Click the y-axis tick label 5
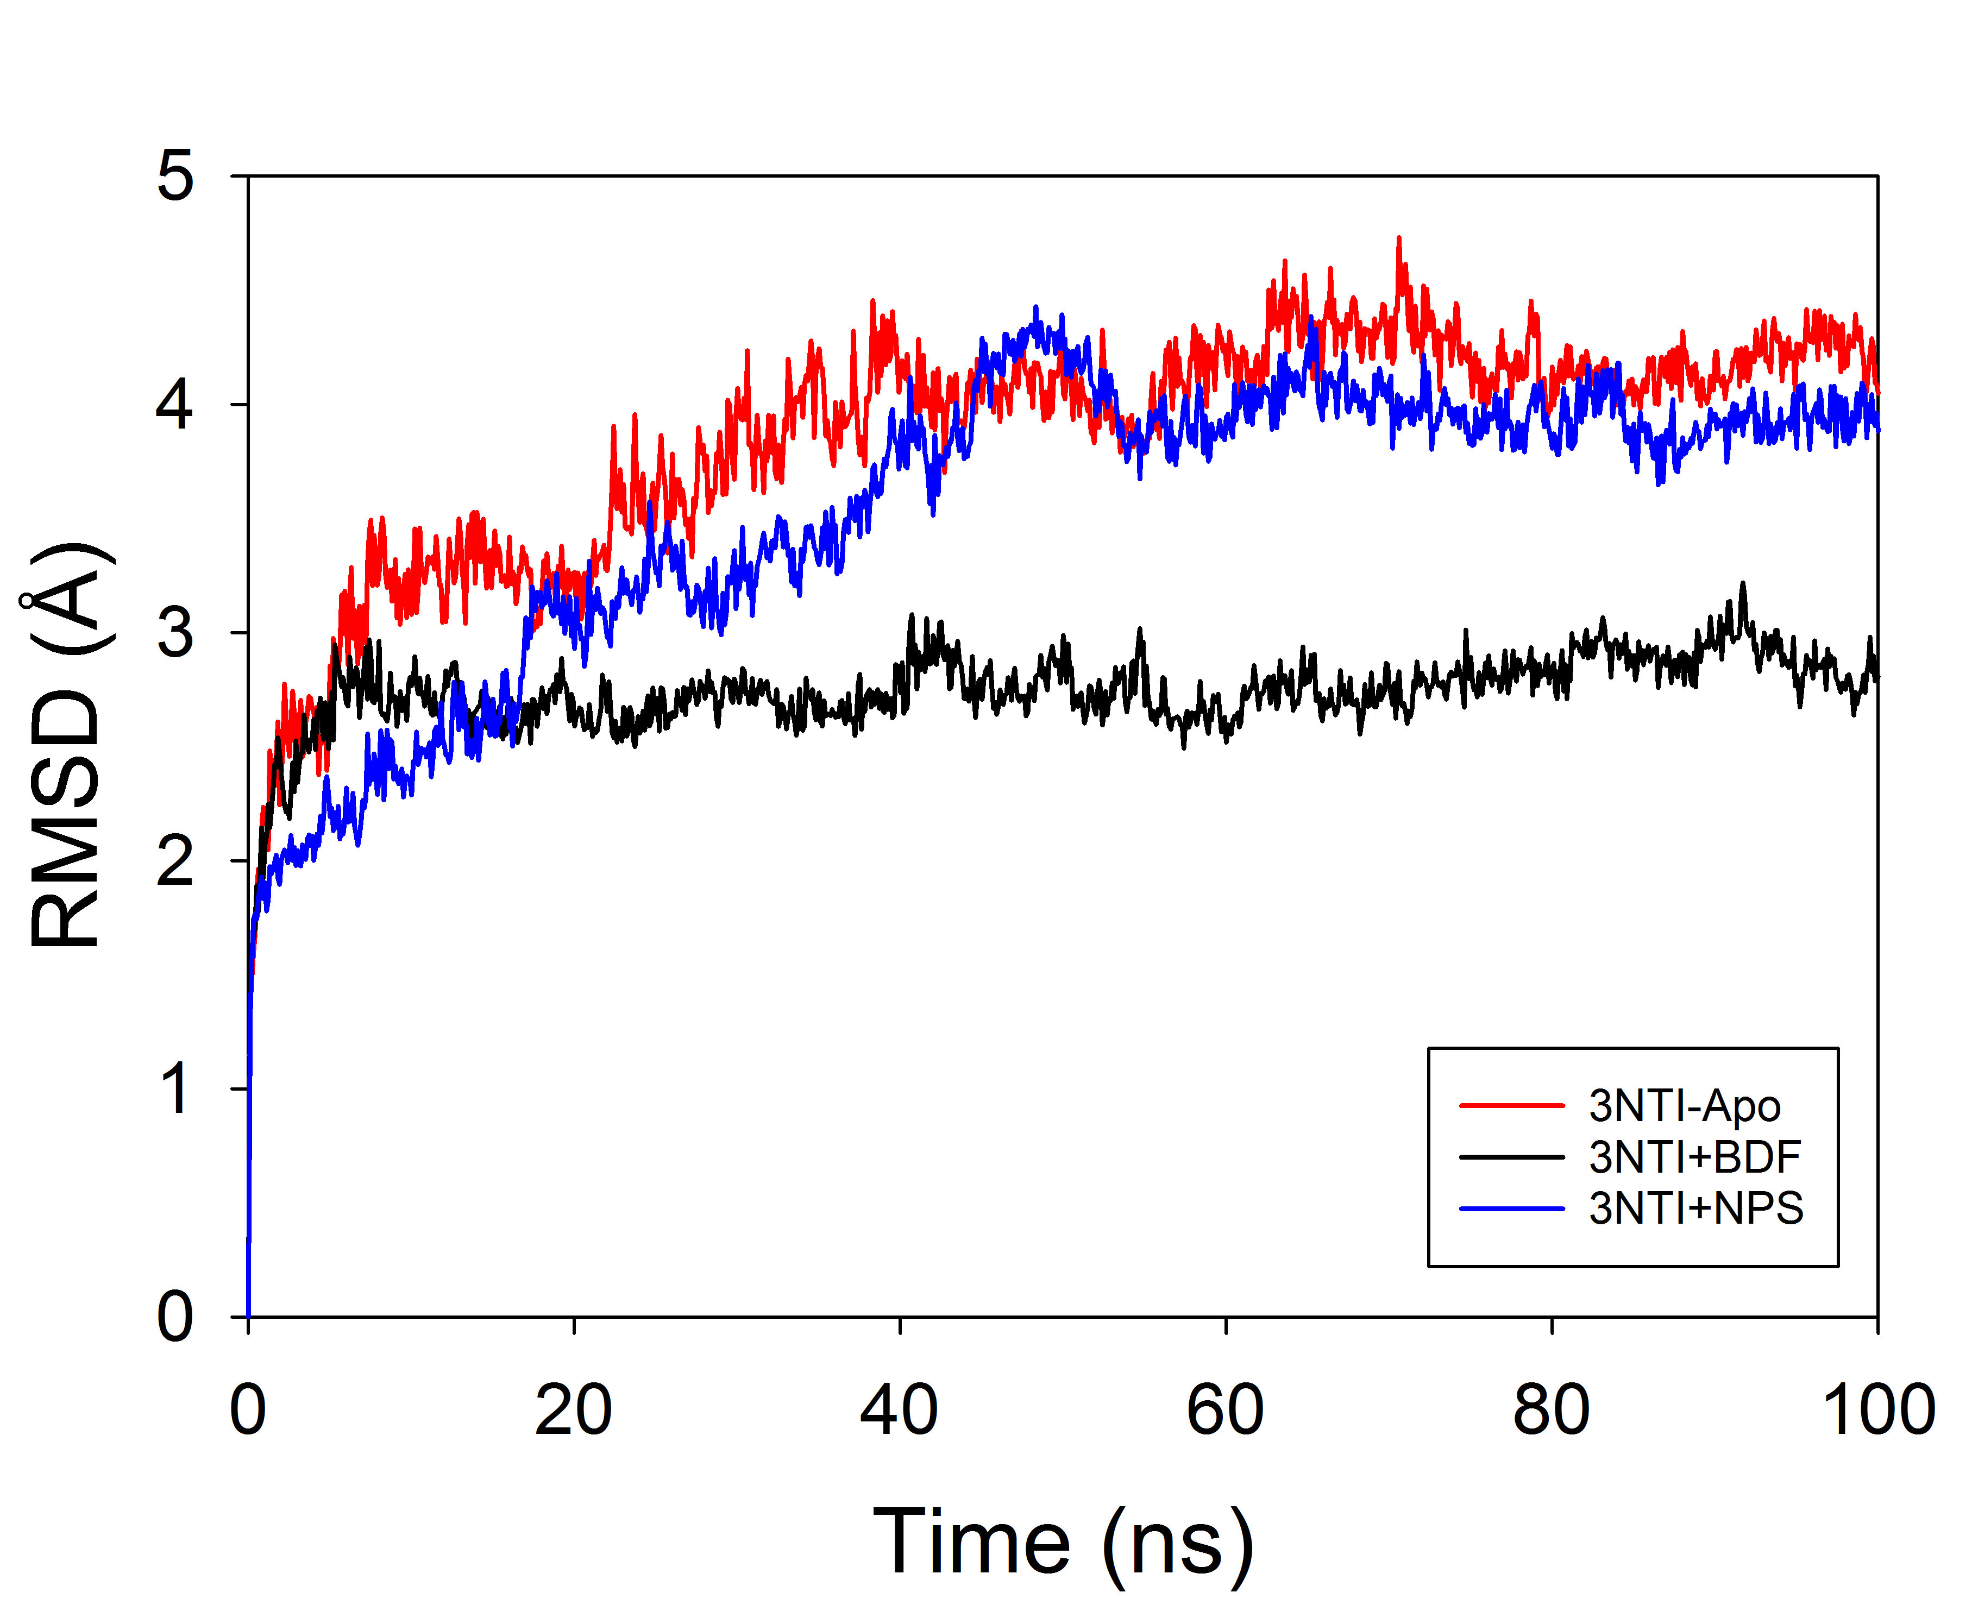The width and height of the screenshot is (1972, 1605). [175, 175]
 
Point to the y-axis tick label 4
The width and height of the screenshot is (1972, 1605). [175, 404]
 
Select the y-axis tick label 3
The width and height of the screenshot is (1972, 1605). [175, 632]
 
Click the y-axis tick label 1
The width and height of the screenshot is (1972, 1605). [175, 1088]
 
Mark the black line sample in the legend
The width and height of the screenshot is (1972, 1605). [1511, 1156]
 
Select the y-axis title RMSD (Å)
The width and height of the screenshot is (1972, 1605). [67, 744]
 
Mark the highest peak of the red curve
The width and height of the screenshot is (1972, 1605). [1399, 238]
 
